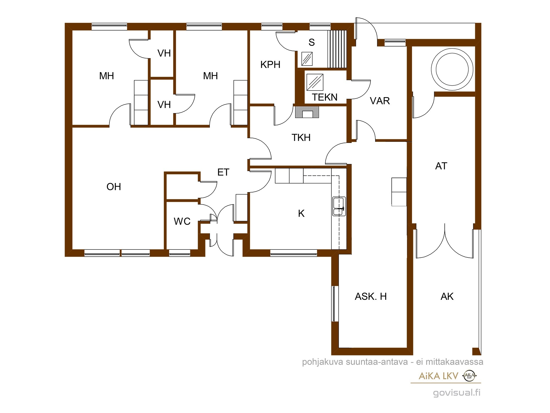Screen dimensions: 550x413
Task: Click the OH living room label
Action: (114, 187)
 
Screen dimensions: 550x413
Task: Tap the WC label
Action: (182, 221)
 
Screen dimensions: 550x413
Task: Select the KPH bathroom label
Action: (270, 65)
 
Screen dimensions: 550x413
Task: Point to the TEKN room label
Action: (324, 97)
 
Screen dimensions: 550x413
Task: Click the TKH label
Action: (301, 137)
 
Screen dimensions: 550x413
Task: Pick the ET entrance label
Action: (223, 172)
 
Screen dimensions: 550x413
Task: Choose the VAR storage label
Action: (380, 101)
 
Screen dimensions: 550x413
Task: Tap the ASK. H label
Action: (371, 297)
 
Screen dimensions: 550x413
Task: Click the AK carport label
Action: (447, 297)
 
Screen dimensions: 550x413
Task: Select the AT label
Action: (441, 166)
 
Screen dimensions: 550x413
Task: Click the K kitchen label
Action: (301, 213)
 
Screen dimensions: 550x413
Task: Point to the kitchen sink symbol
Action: (339, 206)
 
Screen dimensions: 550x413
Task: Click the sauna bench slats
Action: (337, 49)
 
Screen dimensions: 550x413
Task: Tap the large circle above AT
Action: (452, 69)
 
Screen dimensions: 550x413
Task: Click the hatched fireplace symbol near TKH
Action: (307, 112)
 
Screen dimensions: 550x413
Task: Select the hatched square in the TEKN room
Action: (315, 82)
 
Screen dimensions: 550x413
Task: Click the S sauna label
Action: (312, 42)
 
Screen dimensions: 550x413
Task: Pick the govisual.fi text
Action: (457, 392)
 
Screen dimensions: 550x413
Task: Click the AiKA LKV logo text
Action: (438, 376)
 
